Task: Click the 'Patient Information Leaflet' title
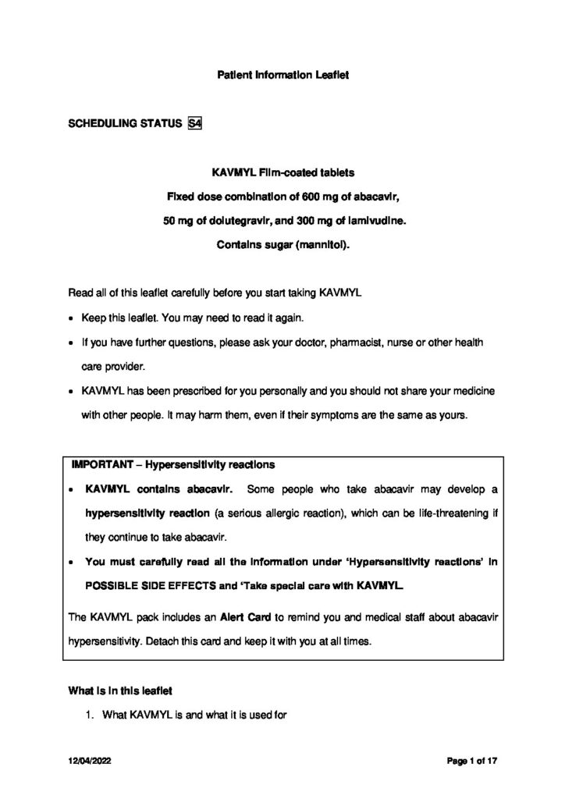click(x=282, y=76)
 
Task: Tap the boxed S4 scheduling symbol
click(x=195, y=123)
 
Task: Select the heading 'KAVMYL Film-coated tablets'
click(x=282, y=172)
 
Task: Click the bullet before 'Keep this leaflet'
click(x=72, y=319)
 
